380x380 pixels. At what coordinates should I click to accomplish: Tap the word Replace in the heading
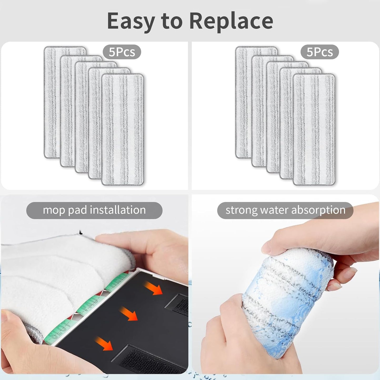(x=231, y=21)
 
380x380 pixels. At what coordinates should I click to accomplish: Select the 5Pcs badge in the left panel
(x=122, y=52)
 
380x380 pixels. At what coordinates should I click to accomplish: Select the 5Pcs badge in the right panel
(x=320, y=52)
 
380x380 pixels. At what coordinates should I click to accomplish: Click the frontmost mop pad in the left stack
(x=123, y=129)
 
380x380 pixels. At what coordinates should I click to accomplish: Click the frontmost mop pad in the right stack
(x=314, y=129)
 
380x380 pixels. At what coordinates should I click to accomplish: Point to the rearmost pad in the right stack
(x=243, y=100)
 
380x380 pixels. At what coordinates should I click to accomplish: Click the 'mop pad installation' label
(x=94, y=210)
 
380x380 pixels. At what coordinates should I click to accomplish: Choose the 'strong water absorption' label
(x=285, y=210)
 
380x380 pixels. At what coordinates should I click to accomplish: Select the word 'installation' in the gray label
(x=118, y=210)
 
